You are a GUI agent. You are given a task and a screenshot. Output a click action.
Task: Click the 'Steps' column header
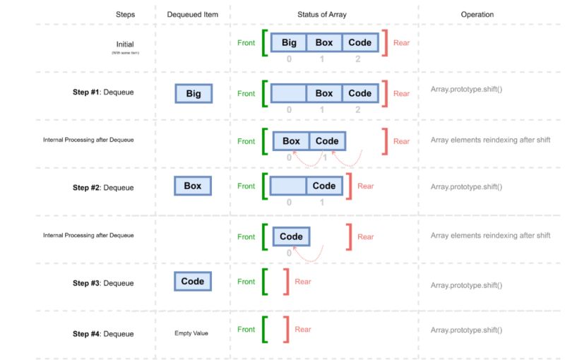125,14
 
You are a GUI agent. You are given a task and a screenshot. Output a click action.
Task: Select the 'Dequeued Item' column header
192,14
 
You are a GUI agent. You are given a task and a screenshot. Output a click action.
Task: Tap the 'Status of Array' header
321,14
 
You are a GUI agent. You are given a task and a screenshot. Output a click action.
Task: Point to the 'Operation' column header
477,14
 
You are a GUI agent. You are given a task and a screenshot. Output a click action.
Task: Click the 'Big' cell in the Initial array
289,42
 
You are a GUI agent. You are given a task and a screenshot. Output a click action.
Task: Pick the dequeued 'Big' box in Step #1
194,93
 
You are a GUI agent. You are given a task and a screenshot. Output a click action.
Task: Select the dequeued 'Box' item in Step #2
193,186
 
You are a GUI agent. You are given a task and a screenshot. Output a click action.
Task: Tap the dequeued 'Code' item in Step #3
193,281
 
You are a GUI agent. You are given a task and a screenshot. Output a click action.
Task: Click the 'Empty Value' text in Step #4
191,333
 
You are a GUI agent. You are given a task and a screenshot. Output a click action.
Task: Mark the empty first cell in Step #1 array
288,93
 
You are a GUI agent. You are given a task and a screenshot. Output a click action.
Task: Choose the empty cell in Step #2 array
288,186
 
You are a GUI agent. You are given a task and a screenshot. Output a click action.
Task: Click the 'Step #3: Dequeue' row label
103,283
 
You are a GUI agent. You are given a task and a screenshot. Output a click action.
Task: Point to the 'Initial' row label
125,44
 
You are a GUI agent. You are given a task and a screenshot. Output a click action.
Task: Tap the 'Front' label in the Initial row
246,42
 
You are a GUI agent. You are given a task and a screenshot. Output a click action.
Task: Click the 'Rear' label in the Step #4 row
303,329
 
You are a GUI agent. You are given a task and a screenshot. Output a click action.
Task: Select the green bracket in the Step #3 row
264,281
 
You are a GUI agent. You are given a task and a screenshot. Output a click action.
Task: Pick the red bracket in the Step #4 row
285,329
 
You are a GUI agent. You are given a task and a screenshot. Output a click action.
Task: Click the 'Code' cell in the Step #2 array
324,186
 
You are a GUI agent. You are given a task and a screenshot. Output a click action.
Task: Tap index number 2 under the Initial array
358,59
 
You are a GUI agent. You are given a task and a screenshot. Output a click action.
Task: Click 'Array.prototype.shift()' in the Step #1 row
466,90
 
